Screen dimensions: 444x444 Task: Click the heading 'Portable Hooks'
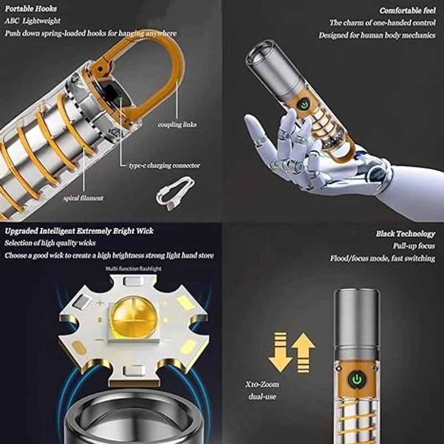pyautogui.click(x=31, y=9)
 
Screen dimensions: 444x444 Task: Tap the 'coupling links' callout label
pyautogui.click(x=177, y=124)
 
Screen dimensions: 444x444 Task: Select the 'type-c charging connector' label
pyautogui.click(x=164, y=165)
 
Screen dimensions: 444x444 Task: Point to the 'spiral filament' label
pyautogui.click(x=83, y=198)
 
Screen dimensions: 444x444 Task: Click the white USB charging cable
pyautogui.click(x=175, y=193)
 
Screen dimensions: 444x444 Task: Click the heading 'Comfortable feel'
pyautogui.click(x=407, y=11)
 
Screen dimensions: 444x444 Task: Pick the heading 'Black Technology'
pyautogui.click(x=406, y=234)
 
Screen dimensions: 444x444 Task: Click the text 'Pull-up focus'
pyautogui.click(x=413, y=246)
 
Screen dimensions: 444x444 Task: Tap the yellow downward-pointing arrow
pyautogui.click(x=280, y=352)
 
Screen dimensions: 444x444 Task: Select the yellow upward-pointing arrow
pyautogui.click(x=304, y=352)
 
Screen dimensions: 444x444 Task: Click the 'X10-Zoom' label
pyautogui.click(x=262, y=384)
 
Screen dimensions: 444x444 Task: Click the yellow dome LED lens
pyautogui.click(x=133, y=317)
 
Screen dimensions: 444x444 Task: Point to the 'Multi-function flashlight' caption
pyautogui.click(x=134, y=269)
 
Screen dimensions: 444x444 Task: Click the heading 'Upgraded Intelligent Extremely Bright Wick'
pyautogui.click(x=79, y=231)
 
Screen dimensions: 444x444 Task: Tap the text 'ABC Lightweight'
pyautogui.click(x=33, y=21)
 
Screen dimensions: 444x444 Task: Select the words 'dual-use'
pyautogui.click(x=262, y=396)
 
